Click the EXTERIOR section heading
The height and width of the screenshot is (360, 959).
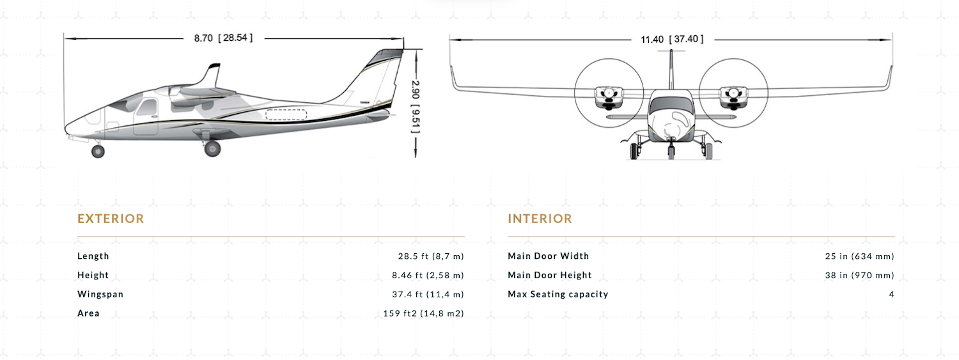coord(111,219)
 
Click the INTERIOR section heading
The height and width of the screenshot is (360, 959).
coord(540,219)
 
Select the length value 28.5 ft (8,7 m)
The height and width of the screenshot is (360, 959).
coord(431,256)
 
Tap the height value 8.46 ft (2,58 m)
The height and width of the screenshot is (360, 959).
coord(428,275)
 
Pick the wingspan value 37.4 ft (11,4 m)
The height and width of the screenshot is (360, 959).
coord(428,294)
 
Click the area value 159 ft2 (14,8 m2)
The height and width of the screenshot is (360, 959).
coord(424,313)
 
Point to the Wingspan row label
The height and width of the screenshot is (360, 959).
coord(100,295)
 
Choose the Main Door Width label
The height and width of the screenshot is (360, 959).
coord(549,256)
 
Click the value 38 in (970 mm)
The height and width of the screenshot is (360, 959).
coord(860,275)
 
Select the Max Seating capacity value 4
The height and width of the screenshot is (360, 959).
coord(892,294)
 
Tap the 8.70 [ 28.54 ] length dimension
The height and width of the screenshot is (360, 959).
coord(223,38)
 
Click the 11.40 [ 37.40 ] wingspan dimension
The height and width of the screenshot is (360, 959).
coord(672,40)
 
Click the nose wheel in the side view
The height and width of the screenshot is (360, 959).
coord(98,151)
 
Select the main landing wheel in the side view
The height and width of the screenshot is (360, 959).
coord(212,148)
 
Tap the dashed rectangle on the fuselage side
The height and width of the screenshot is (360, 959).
coord(286,114)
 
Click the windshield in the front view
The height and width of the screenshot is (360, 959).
coord(671,104)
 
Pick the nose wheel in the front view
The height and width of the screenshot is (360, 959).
coord(671,152)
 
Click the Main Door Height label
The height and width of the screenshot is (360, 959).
coord(550,275)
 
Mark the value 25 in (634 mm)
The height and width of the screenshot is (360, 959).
coord(860,256)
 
